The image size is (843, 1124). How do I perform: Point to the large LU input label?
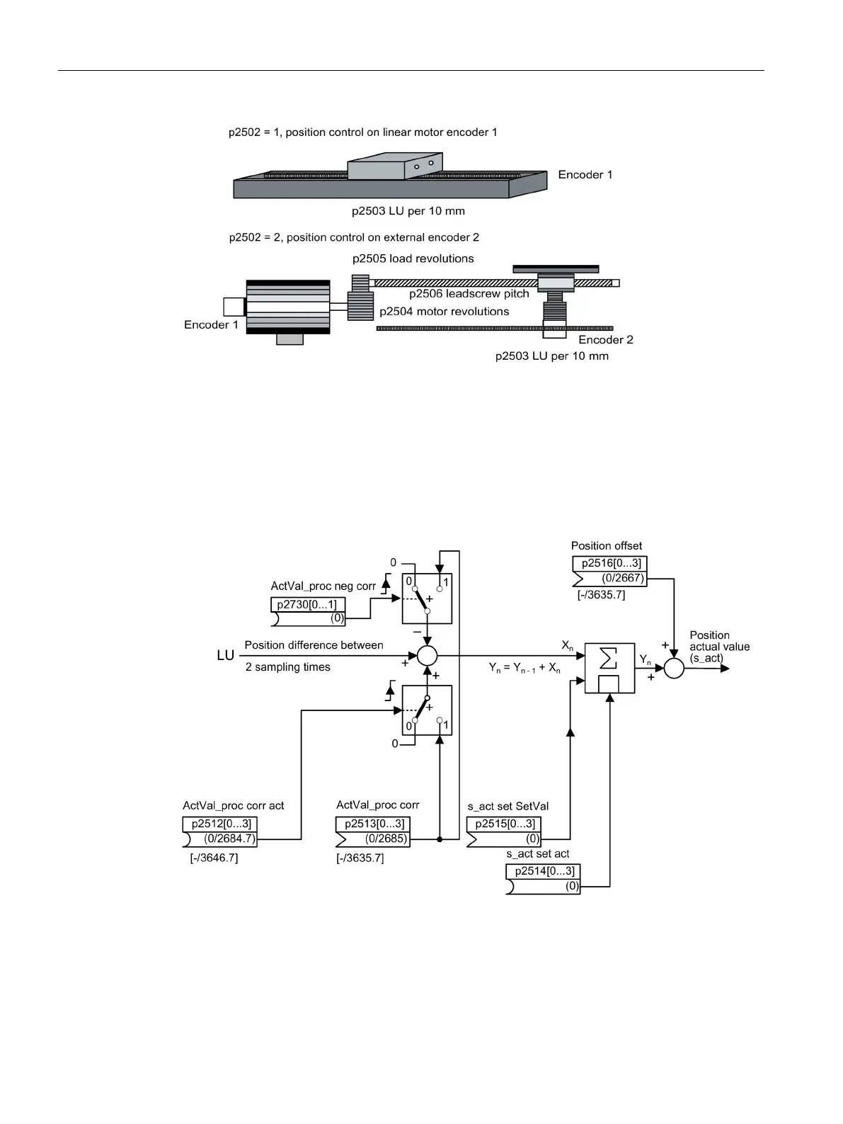coord(225,656)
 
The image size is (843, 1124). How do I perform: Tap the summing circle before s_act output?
coord(674,668)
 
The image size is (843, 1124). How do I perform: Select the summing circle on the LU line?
coord(427,656)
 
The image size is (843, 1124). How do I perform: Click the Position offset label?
coord(607,545)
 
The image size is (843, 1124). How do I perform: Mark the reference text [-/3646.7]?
coord(214,858)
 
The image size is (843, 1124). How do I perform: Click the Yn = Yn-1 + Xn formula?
coord(524,668)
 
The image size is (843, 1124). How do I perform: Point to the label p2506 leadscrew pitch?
coord(469,293)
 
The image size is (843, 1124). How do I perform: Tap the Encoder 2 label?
coord(606,340)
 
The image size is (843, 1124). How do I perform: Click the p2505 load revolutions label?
coord(413,259)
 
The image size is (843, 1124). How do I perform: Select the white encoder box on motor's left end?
coord(234,307)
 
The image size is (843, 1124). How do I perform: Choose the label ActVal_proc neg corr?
coord(323,586)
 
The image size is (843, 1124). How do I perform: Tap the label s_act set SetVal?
coord(508,806)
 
